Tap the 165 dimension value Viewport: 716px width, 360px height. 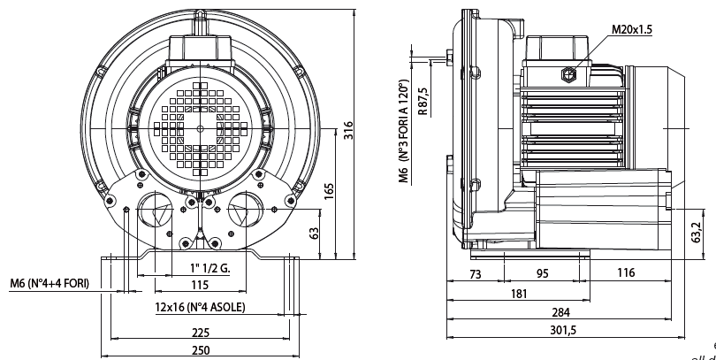point(329,191)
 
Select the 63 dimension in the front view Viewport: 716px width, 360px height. point(312,233)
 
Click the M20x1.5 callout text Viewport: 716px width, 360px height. point(632,29)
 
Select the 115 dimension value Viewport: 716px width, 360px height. point(200,285)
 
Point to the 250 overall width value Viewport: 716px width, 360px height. point(200,350)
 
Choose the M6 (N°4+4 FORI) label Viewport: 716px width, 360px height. point(50,285)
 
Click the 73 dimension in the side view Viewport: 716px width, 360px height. point(475,273)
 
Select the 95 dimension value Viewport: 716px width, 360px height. point(543,273)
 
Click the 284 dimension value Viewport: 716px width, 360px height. point(560,312)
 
